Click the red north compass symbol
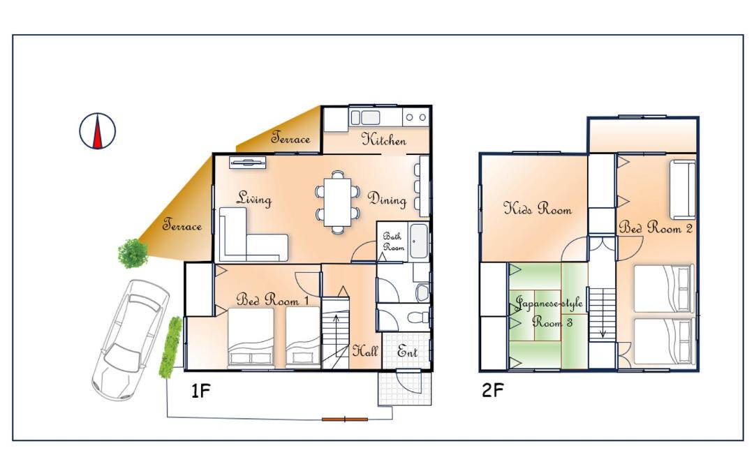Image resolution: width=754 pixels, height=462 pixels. pos(98,131)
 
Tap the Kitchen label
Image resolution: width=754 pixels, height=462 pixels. pos(384,140)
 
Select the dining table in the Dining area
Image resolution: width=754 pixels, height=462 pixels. pos(338,202)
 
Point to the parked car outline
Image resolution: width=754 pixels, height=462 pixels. pos(130,340)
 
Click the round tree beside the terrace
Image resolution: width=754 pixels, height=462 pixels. pos(133,253)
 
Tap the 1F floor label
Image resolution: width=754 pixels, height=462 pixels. pos(201,391)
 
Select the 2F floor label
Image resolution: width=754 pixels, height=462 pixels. pos(492,390)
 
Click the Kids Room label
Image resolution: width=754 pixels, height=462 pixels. pos(538,208)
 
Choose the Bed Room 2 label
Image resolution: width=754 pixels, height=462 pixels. pos(656,228)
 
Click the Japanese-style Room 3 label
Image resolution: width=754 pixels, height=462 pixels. pos(549,312)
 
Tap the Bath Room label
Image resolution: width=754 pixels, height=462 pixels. pos(393,241)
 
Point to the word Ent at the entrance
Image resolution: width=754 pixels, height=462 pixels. pos(407,352)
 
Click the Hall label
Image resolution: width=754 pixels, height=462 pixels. pos(365,351)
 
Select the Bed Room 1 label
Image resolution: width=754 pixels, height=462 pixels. pos(272,300)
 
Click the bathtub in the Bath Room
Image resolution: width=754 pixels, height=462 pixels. pos(419,241)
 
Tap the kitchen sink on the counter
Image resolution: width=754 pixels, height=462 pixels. pos(365,118)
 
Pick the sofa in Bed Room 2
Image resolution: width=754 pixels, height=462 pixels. pos(683,190)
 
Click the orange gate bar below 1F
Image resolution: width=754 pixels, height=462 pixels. pos(345,419)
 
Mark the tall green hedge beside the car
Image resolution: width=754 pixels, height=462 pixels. pos(171,347)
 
